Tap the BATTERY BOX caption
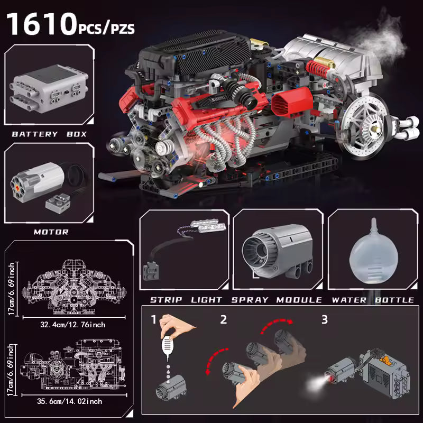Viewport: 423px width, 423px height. click(49, 134)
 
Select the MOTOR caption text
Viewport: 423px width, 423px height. click(51, 232)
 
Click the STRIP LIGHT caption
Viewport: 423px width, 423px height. click(185, 300)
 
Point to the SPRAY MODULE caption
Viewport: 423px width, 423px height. click(277, 300)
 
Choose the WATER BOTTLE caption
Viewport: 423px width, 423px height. click(373, 300)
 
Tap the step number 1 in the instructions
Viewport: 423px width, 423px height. click(153, 320)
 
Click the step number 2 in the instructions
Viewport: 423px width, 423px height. click(223, 319)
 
